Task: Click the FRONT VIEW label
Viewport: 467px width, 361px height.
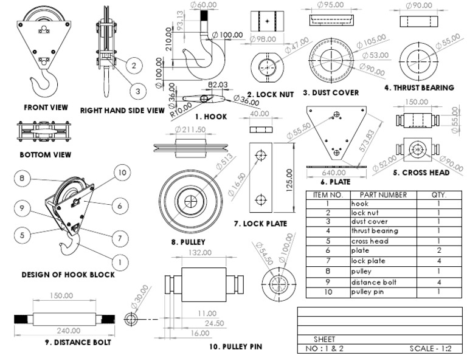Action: [x=46, y=107]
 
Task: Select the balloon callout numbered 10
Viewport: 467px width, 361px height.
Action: [x=122, y=173]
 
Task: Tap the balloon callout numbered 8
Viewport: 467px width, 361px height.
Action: [x=21, y=178]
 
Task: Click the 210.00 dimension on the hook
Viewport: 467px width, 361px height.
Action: [x=168, y=38]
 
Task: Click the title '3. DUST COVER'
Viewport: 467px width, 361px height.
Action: [x=331, y=92]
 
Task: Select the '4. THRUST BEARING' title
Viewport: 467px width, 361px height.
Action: [x=419, y=88]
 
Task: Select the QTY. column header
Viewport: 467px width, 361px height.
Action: [x=438, y=195]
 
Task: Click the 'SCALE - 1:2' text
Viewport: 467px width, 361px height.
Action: [x=435, y=349]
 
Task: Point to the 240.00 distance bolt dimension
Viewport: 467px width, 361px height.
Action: [x=67, y=331]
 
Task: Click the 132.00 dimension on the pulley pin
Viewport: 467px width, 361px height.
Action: [x=200, y=252]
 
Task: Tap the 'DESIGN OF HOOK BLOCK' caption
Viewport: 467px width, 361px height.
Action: [x=68, y=275]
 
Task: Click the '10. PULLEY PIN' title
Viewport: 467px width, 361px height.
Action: [x=235, y=346]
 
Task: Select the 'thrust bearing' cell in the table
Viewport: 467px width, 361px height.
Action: [x=375, y=231]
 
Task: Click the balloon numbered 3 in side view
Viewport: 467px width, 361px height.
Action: [x=137, y=91]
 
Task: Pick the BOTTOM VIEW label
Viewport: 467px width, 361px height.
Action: [x=45, y=155]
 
